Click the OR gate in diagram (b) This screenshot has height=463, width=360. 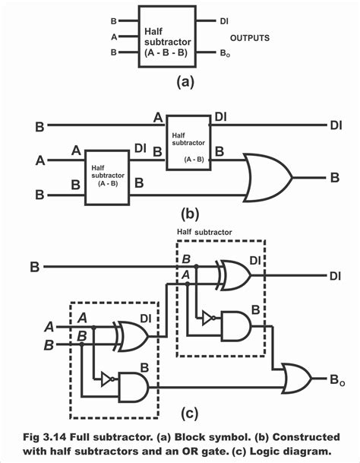click(267, 177)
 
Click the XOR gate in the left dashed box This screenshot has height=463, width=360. click(131, 335)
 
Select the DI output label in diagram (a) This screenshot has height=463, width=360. click(224, 21)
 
